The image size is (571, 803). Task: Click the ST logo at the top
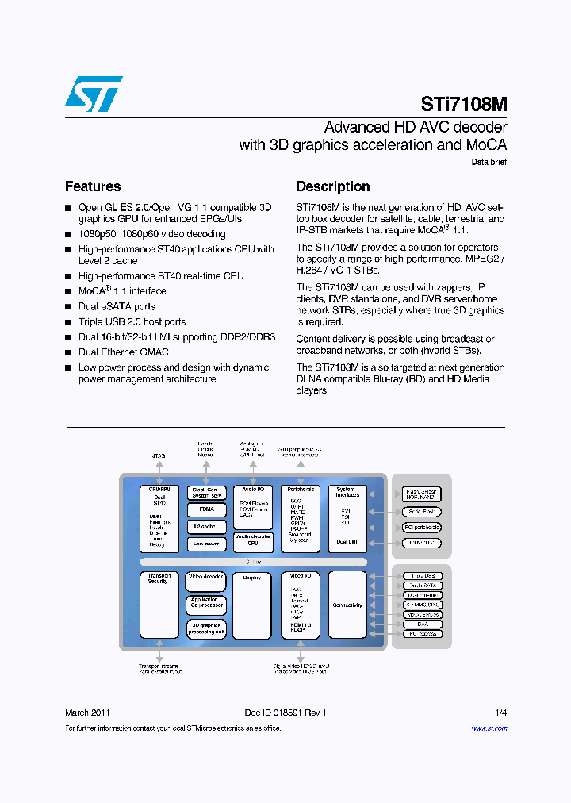[x=94, y=94]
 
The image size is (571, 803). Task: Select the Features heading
[x=93, y=186]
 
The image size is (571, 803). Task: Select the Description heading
[x=333, y=186]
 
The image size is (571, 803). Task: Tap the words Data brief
[x=489, y=162]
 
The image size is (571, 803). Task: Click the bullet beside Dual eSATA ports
[x=68, y=307]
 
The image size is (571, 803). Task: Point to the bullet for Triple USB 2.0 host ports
[x=68, y=322]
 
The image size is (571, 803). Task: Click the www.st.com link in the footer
[x=489, y=728]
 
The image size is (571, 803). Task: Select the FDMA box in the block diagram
[x=206, y=510]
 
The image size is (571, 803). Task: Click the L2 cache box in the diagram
[x=206, y=527]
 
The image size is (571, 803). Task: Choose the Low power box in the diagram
[x=206, y=544]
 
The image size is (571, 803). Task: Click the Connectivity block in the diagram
[x=347, y=605]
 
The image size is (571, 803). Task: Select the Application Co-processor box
[x=206, y=604]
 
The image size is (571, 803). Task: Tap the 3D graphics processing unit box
[x=206, y=628]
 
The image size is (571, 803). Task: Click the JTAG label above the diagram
[x=159, y=456]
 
